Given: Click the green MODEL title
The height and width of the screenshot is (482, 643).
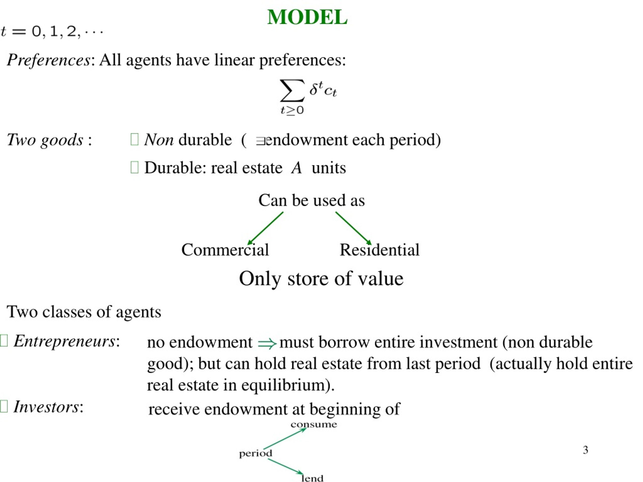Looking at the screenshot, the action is pos(307,17).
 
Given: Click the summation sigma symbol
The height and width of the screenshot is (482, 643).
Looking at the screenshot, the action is pos(292,91).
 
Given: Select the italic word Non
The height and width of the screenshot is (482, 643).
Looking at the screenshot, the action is pos(159,140).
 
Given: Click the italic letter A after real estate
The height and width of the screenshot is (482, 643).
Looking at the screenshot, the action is pos(296,168).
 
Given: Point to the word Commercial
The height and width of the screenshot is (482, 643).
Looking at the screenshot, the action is pos(225,250).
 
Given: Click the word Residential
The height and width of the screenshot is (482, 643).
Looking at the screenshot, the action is pos(379,250).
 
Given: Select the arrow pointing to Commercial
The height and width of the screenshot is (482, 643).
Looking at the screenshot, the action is pos(265,228).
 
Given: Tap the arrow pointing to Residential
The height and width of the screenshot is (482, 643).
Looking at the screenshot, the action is pos(353,228).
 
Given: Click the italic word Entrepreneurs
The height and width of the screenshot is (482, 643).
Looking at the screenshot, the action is pos(64,341).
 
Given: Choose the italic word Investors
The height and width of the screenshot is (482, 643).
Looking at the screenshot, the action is pos(46,407).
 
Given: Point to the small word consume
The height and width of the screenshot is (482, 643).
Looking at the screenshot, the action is pos(314,425).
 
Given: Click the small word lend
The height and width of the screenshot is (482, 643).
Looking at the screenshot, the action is pos(312,478).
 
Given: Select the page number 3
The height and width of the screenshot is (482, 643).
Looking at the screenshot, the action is pos(585,450).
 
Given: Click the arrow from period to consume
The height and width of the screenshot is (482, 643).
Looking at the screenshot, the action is pos(285,439).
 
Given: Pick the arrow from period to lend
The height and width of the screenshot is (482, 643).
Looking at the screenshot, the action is pos(285,467).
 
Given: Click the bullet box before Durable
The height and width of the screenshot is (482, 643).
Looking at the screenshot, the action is pos(135,167).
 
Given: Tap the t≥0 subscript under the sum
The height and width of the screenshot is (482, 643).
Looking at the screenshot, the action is pos(292,110).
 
